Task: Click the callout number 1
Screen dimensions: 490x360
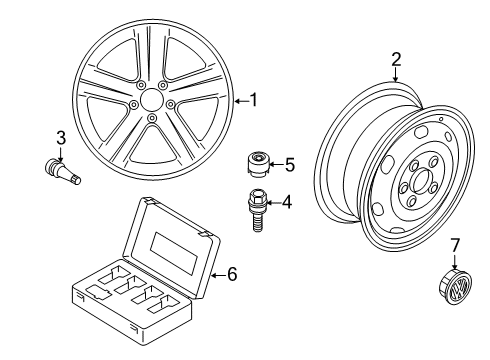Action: click(254, 100)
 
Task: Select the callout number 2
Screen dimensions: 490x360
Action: click(396, 59)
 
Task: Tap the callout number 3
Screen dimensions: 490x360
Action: click(61, 138)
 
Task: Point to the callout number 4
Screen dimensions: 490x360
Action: click(287, 202)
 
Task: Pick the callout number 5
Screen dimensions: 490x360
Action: click(290, 165)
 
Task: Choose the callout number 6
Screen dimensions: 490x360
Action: click(232, 274)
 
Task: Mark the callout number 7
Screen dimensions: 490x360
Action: click(455, 245)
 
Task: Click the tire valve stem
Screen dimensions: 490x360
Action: click(63, 171)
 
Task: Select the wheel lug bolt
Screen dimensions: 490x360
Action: click(256, 210)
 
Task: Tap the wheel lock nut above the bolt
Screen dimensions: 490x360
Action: click(259, 164)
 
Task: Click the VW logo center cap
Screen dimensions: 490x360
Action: click(454, 286)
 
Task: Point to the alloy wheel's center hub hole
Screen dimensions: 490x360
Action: click(152, 99)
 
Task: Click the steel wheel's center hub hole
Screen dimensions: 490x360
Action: click(420, 180)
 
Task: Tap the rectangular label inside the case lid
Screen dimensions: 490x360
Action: click(174, 253)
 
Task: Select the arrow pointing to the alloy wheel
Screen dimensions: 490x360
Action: click(242, 100)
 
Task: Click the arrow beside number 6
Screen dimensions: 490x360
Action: click(218, 275)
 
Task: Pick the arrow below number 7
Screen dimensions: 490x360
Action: click(455, 262)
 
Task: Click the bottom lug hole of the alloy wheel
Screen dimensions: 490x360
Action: click(152, 117)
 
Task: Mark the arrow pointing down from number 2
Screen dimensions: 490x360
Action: click(396, 75)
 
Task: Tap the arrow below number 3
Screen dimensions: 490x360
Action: click(61, 154)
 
